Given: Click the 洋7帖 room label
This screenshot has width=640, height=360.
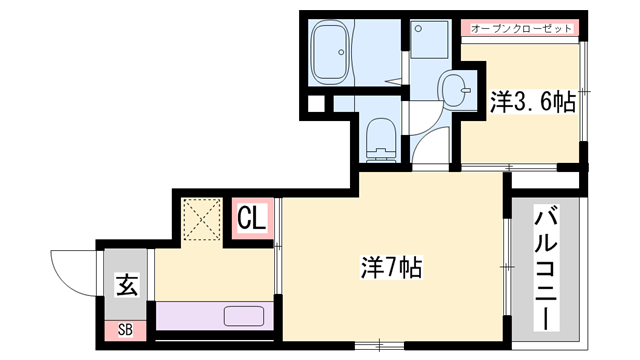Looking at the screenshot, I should click(391, 268).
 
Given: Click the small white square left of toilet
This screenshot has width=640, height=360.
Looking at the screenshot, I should click(315, 103).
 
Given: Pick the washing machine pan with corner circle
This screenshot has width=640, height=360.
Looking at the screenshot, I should click(434, 43).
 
